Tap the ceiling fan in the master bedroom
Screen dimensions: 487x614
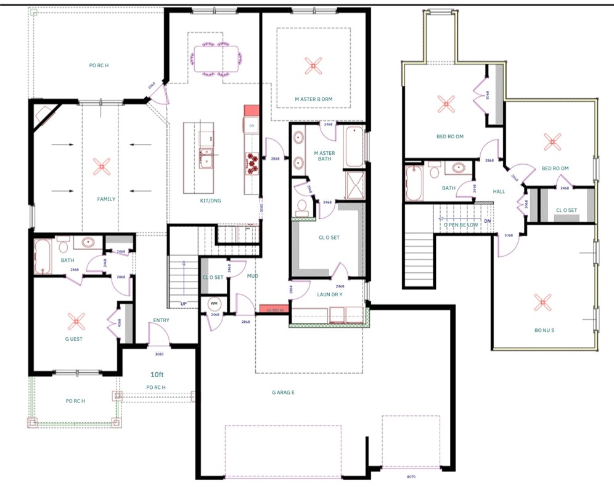click(313, 65)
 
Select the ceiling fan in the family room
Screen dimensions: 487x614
click(101, 165)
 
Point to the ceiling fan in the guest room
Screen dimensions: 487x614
click(76, 320)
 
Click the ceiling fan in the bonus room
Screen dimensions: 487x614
click(543, 302)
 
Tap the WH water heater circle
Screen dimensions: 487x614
click(215, 303)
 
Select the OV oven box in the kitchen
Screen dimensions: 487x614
click(252, 125)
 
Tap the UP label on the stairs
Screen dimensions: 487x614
click(183, 304)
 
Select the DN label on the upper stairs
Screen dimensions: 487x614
click(487, 220)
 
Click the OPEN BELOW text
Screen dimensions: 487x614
click(460, 225)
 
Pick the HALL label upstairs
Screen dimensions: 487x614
click(499, 191)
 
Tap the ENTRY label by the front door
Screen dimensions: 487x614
click(161, 320)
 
